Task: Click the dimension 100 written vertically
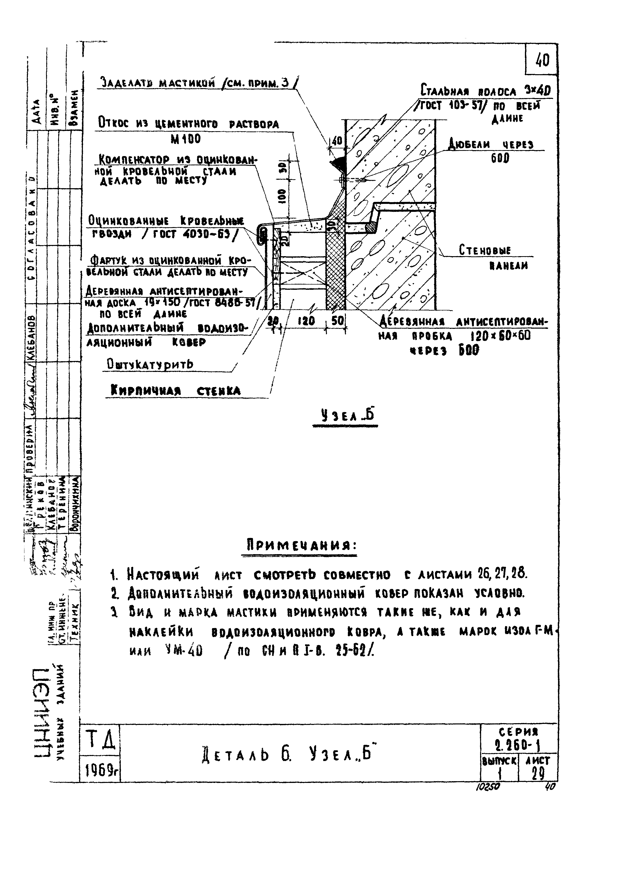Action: pyautogui.click(x=282, y=196)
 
